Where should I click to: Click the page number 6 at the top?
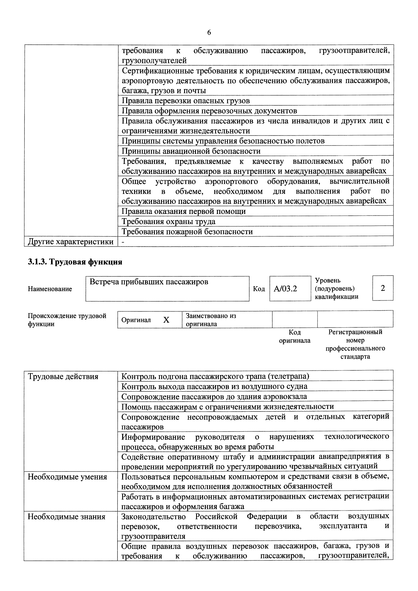pos(209,33)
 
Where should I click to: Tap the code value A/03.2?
pos(285,289)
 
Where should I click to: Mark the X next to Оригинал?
pos(166,320)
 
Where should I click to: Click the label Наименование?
pos(50,289)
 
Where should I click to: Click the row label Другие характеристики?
pos(71,242)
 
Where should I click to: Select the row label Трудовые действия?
pos(63,377)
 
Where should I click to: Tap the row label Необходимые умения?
pos(67,477)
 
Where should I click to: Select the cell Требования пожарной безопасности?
pos(187,232)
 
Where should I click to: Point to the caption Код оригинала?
pos(295,336)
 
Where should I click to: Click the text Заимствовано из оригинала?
pos(211,320)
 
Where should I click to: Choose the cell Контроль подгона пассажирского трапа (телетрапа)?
pos(215,376)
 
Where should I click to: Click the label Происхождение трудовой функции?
pos(67,320)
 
